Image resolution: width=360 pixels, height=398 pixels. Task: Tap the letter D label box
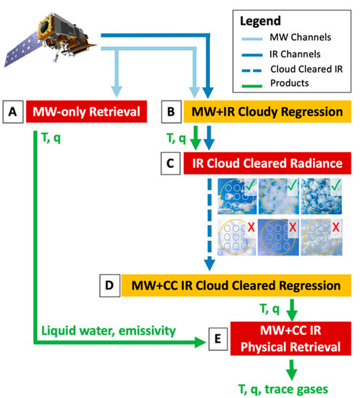coord(111,283)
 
